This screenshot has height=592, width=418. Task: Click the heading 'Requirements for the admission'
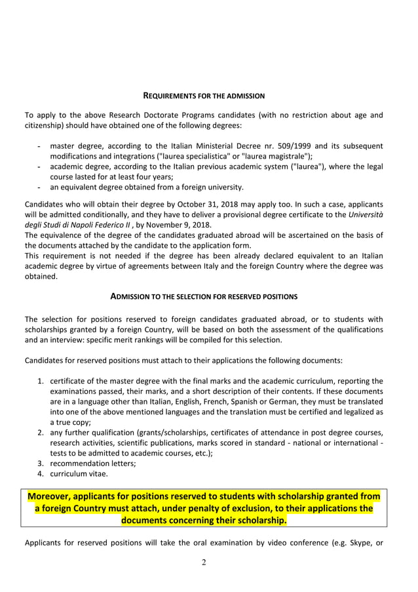click(204, 96)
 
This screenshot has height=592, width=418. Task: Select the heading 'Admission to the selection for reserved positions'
click(204, 296)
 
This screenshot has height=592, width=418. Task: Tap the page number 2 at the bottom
click(204, 562)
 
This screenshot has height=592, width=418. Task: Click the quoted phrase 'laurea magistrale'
click(276, 156)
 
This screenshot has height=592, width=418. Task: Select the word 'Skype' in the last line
click(351, 543)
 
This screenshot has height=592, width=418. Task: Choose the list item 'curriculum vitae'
click(79, 473)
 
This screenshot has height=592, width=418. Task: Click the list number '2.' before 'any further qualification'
click(41, 432)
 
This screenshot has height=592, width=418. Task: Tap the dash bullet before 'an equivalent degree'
click(41, 187)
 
